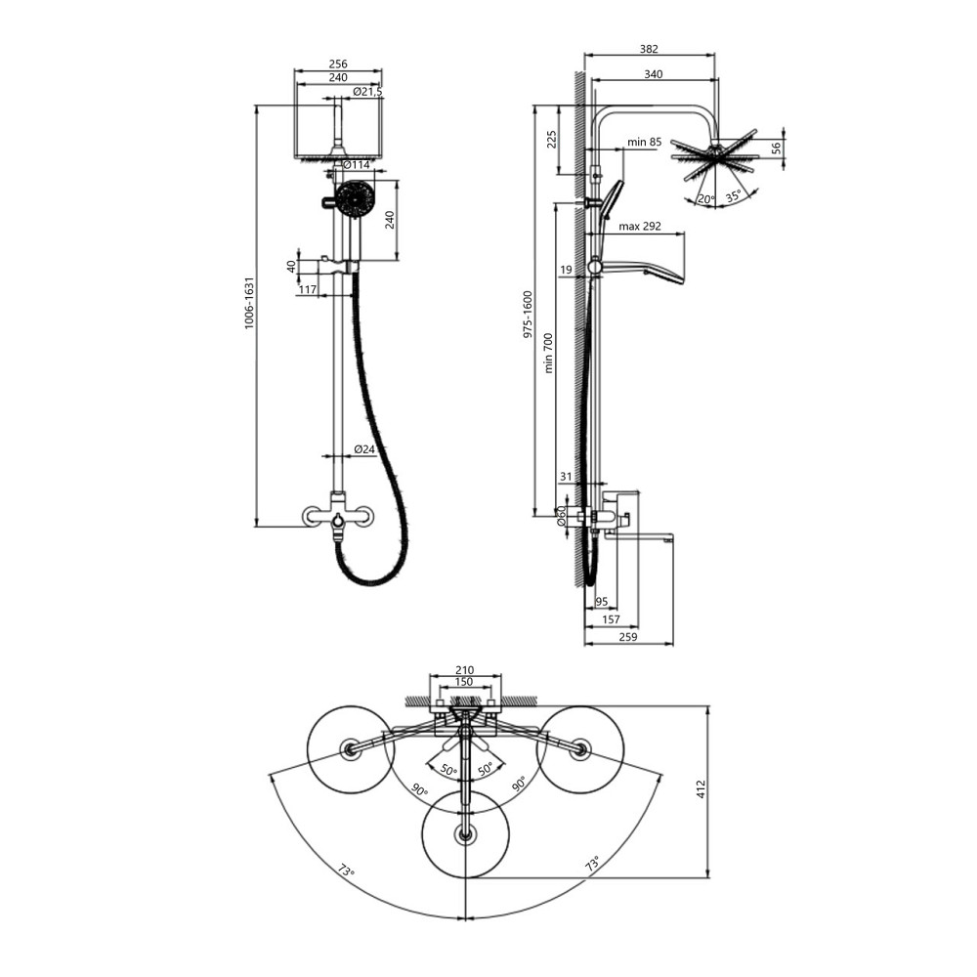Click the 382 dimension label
tap(649, 49)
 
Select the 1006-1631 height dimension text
tap(249, 303)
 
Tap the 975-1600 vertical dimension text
tap(529, 315)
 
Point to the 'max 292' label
tap(640, 227)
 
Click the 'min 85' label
tap(644, 142)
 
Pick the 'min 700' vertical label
tap(548, 353)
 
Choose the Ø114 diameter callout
tap(357, 165)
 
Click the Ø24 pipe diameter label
tap(364, 448)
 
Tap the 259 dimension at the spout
tap(628, 637)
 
